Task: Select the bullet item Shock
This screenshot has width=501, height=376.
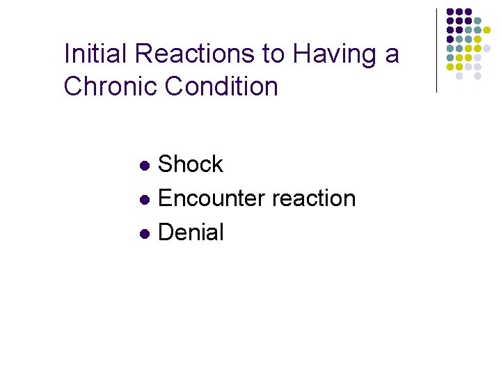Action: pyautogui.click(x=191, y=164)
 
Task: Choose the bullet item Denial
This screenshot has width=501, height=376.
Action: pyautogui.click(x=191, y=233)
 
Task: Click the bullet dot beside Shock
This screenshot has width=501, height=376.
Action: pyautogui.click(x=144, y=166)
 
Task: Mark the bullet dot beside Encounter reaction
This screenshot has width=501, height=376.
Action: pyautogui.click(x=144, y=200)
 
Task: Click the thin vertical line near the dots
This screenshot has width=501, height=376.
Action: pyautogui.click(x=436, y=50)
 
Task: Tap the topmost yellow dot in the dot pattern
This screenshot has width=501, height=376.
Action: pyautogui.click(x=486, y=30)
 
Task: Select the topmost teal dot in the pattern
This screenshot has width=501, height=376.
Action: pyautogui.click(x=477, y=21)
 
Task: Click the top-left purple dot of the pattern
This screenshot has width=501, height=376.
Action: pyautogui.click(x=450, y=12)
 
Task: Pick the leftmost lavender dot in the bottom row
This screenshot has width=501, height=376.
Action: pyautogui.click(x=459, y=76)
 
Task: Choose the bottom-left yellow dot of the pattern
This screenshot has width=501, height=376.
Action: pyautogui.click(x=450, y=67)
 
